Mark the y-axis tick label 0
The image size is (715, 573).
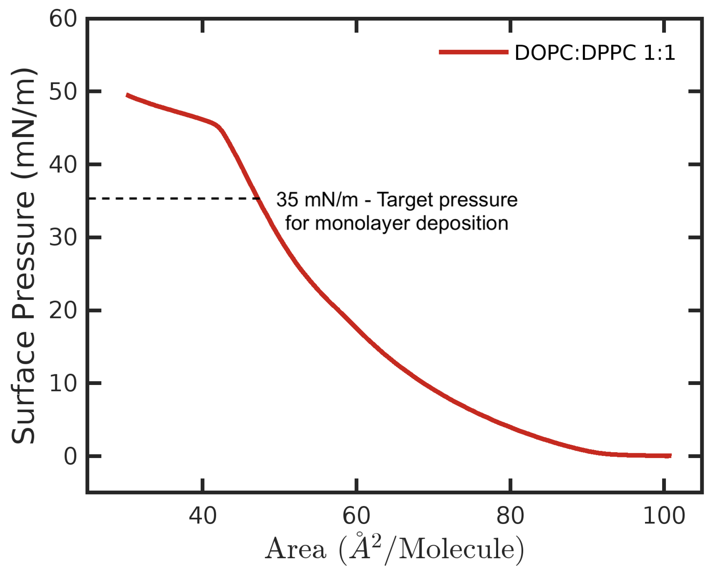coord(70,457)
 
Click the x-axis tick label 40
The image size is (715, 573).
coord(203,516)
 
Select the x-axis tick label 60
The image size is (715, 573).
coord(356,516)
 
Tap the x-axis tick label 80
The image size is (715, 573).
coord(510,516)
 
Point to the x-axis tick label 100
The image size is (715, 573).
coord(664,516)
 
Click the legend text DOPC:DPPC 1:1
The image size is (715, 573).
coord(595,53)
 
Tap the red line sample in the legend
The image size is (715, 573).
coord(473,52)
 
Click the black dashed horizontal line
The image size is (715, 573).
coord(172,198)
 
